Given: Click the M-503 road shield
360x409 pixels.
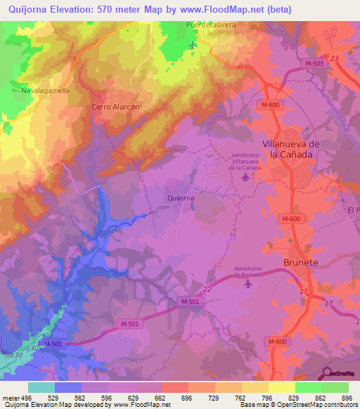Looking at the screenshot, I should pyautogui.click(x=314, y=63).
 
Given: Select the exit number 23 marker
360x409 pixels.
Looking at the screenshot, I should pyautogui.click(x=334, y=58).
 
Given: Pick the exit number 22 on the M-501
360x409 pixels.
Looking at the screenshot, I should pyautogui.click(x=207, y=289).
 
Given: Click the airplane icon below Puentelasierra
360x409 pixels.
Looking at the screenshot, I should pyautogui.click(x=193, y=45).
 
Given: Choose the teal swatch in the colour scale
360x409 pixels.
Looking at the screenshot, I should pyautogui.click(x=41, y=387).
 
